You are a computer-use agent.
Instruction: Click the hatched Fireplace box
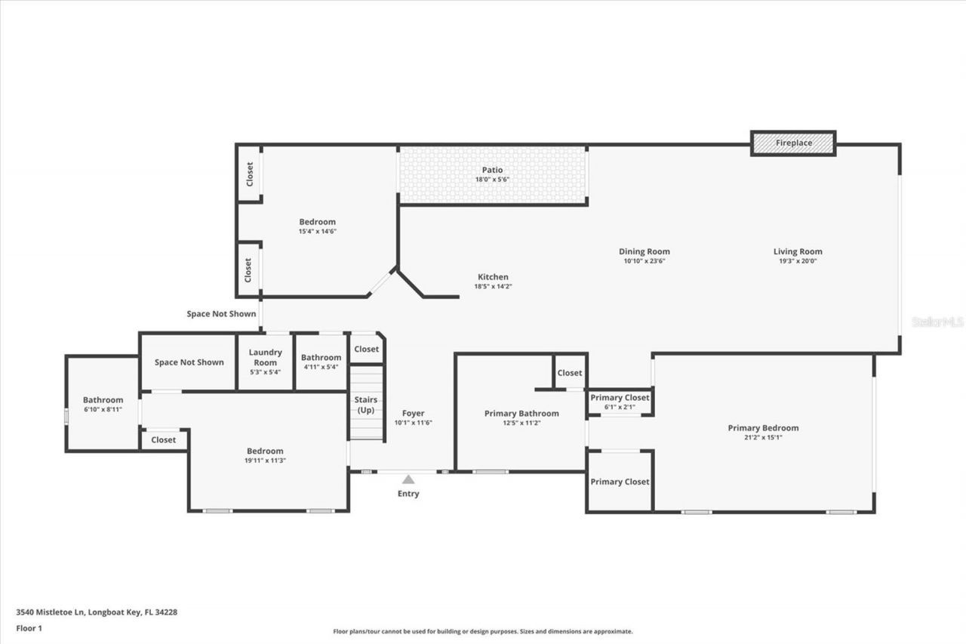tap(793, 143)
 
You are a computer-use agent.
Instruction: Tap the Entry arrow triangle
tap(408, 479)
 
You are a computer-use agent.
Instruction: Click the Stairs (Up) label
tap(366, 405)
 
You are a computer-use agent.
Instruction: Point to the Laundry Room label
tap(265, 357)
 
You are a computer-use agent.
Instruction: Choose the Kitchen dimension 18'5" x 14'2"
tap(493, 287)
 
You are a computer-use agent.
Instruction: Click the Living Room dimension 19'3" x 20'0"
tap(798, 261)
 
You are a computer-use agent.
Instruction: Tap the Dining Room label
tap(644, 251)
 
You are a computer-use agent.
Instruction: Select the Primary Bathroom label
tap(521, 413)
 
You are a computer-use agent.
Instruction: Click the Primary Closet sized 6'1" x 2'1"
tap(620, 402)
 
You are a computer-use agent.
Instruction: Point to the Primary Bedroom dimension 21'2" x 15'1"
tap(763, 437)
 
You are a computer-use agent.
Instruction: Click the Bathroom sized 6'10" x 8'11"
tap(103, 404)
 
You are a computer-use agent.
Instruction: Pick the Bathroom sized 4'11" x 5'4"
tap(321, 362)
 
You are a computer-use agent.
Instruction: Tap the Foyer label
tap(413, 413)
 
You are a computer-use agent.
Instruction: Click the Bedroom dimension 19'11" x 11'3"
tap(265, 461)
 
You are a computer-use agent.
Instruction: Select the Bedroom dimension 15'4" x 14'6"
tap(317, 231)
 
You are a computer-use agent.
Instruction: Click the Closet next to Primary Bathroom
tap(570, 373)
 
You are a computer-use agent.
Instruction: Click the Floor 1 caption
tap(29, 628)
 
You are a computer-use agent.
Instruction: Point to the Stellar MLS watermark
tap(937, 322)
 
